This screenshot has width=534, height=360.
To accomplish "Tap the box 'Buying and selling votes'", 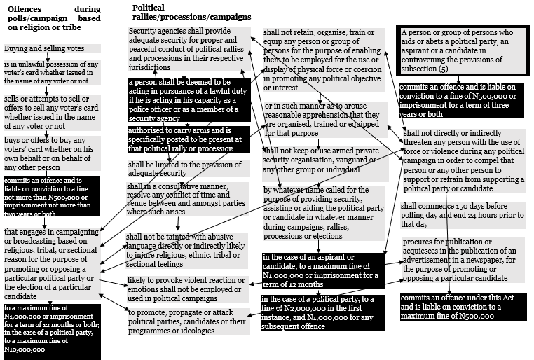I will [x=45, y=49].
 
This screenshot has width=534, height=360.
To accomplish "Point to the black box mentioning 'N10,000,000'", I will [x=52, y=330].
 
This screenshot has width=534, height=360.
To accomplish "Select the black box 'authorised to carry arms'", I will [x=189, y=139].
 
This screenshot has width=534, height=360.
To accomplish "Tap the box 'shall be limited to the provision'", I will [x=188, y=168].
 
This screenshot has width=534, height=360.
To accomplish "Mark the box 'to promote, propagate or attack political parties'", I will [x=187, y=321].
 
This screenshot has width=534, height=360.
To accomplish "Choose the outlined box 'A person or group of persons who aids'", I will [x=461, y=51].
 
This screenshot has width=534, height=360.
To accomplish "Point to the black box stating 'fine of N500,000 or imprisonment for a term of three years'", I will [x=461, y=100].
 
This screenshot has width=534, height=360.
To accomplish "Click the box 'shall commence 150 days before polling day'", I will [x=462, y=214].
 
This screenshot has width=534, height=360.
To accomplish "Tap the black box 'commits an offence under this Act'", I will [x=462, y=307].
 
